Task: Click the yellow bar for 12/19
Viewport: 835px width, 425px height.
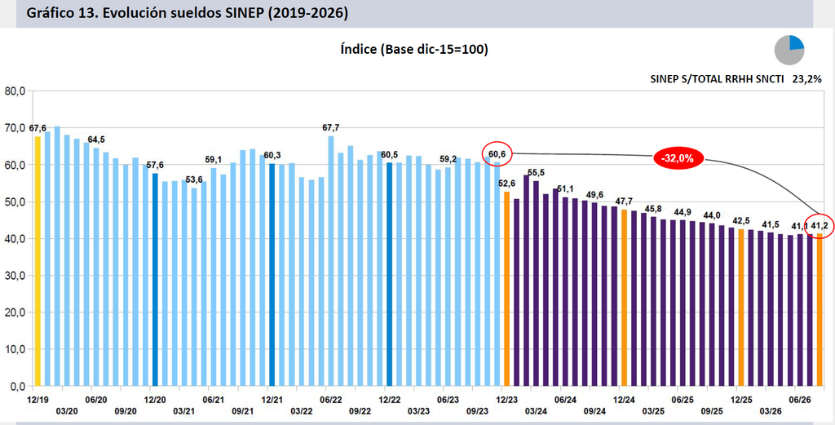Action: (38, 261)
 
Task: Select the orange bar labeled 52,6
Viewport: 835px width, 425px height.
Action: (506, 289)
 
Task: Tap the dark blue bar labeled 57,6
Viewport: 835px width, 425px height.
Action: (155, 280)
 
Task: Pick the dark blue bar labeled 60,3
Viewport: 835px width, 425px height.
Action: (272, 275)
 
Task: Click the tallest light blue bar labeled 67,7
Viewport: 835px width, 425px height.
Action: (331, 261)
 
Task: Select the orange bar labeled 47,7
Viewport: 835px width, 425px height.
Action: (624, 298)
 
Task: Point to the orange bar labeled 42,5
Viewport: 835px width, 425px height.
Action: (740, 308)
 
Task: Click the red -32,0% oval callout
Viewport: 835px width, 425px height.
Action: (678, 159)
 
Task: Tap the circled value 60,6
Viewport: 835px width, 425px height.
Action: (497, 154)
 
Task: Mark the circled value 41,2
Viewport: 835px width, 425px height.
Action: (819, 226)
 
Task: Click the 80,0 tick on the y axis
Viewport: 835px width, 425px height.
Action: (15, 91)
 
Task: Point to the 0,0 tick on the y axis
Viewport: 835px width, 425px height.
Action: (18, 386)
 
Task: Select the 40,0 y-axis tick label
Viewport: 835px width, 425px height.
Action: (15, 238)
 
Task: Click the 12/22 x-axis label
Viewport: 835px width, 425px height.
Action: (389, 399)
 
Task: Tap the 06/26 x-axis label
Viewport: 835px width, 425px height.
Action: (799, 399)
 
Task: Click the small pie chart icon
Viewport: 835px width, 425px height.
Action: (789, 51)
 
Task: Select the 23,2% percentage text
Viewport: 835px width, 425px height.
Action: (809, 79)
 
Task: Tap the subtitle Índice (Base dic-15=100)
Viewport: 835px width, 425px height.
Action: (414, 50)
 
